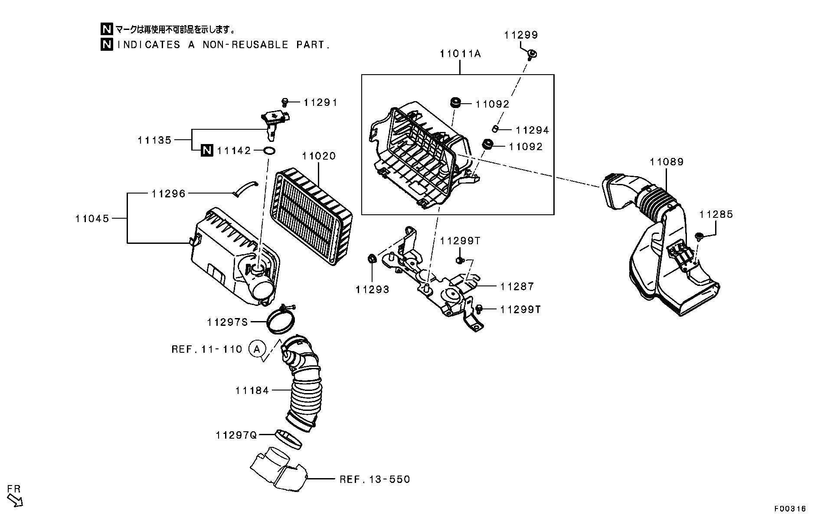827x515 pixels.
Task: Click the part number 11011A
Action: pyautogui.click(x=460, y=54)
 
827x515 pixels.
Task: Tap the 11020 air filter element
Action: pyautogui.click(x=310, y=217)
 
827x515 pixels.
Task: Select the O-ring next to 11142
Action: pyautogui.click(x=269, y=151)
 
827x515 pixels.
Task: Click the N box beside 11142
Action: pyautogui.click(x=207, y=150)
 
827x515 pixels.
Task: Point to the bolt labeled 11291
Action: pyautogui.click(x=285, y=102)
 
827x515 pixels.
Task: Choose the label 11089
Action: pyautogui.click(x=666, y=162)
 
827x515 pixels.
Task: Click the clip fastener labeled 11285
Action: pyautogui.click(x=699, y=236)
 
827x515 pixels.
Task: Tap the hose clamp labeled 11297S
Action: pyautogui.click(x=281, y=320)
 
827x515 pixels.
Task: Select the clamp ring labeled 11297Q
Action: pyautogui.click(x=288, y=439)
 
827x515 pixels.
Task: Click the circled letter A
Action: pyautogui.click(x=257, y=349)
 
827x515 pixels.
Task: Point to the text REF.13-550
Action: pyautogui.click(x=374, y=479)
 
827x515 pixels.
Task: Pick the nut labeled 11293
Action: pyautogui.click(x=372, y=259)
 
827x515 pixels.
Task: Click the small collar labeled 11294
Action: pyautogui.click(x=494, y=128)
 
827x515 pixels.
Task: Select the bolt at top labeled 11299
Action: pyautogui.click(x=530, y=54)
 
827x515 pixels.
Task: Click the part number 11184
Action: pyautogui.click(x=252, y=390)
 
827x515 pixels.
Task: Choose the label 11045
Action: pyautogui.click(x=92, y=218)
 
